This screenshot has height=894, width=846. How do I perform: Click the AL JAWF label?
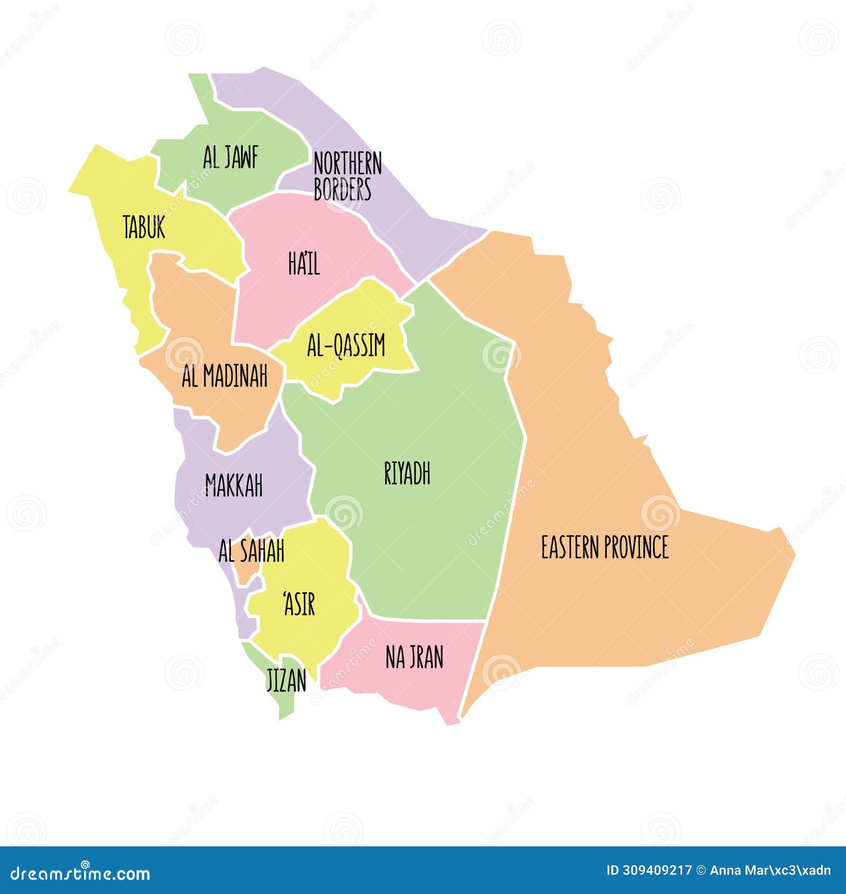tap(231, 157)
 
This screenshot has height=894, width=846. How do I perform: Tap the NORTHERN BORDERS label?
tap(347, 176)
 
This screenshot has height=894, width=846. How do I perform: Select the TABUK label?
tap(144, 227)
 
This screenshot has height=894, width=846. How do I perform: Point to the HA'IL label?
tap(304, 263)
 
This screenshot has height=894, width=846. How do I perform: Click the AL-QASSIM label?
tap(346, 345)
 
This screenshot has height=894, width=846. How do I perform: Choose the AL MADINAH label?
tap(225, 376)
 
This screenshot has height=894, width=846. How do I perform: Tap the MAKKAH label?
tap(234, 485)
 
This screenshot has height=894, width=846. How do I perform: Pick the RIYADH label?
tap(407, 473)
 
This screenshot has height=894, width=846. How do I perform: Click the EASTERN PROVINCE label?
tap(604, 547)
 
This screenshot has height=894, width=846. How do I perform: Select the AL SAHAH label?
tap(251, 551)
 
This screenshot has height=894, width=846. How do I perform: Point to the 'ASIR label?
tap(299, 604)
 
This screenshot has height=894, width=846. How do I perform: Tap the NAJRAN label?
tap(414, 658)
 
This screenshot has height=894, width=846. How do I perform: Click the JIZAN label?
tap(286, 680)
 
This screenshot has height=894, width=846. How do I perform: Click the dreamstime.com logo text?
tap(80, 873)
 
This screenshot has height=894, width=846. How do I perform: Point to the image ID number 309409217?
tap(664, 871)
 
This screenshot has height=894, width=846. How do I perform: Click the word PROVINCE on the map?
tap(636, 547)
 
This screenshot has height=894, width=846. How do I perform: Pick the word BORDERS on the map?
tap(342, 189)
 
